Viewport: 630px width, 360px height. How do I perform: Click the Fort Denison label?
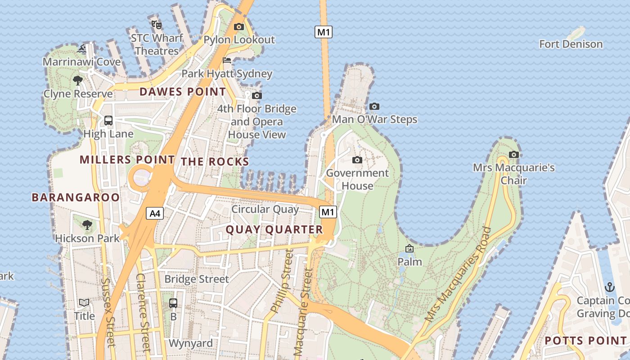pyautogui.click(x=571, y=44)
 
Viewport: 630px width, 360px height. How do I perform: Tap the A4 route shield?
pyautogui.click(x=154, y=213)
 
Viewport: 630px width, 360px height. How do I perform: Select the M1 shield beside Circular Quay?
pyautogui.click(x=328, y=212)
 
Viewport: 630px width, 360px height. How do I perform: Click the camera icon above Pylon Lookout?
pyautogui.click(x=239, y=27)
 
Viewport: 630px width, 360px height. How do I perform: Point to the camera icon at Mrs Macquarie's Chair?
pyautogui.click(x=513, y=155)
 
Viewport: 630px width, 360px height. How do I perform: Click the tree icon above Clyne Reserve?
pyautogui.click(x=78, y=81)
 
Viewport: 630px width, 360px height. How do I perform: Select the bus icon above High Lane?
pyautogui.click(x=108, y=120)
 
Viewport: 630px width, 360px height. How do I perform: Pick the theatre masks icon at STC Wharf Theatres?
pyautogui.click(x=156, y=24)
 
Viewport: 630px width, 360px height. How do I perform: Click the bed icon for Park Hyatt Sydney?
pyautogui.click(x=227, y=60)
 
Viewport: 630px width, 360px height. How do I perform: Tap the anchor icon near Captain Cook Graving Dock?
pyautogui.click(x=609, y=287)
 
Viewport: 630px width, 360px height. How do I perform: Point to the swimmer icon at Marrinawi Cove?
pyautogui.click(x=81, y=49)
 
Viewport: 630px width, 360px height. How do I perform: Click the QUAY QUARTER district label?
pyautogui.click(x=274, y=229)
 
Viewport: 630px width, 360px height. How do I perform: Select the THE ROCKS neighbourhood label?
pyautogui.click(x=215, y=162)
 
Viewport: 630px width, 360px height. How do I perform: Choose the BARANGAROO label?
pyautogui.click(x=76, y=197)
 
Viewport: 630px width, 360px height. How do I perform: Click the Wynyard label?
pyautogui.click(x=190, y=343)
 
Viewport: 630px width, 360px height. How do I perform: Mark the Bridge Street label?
pyautogui.click(x=196, y=279)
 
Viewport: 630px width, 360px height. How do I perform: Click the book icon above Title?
pyautogui.click(x=84, y=302)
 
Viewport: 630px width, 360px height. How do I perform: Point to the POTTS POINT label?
pyautogui.click(x=585, y=341)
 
